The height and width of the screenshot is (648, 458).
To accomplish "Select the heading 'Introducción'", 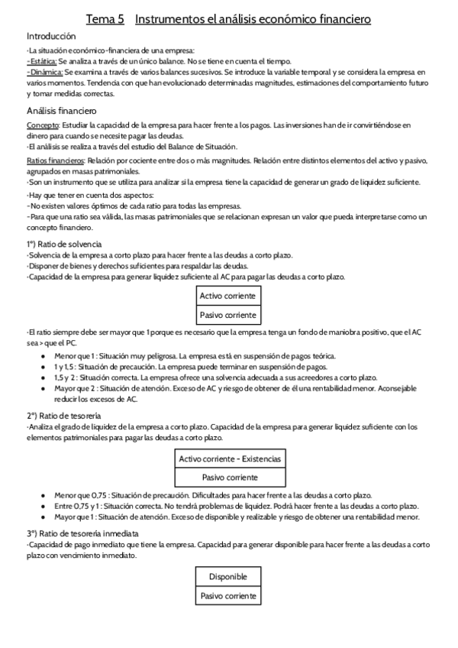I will (51, 37).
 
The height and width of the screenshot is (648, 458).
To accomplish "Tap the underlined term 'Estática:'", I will (41, 60).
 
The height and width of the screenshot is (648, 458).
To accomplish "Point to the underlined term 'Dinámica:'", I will (44, 71).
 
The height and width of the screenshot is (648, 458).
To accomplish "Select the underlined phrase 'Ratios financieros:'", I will (56, 160).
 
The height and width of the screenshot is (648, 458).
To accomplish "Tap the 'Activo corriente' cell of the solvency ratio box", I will (227, 296).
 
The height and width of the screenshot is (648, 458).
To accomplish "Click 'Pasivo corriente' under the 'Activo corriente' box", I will (227, 315).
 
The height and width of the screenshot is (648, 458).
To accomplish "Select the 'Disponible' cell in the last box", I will (227, 577).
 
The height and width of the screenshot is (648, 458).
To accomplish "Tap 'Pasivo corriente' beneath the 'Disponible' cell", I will (227, 596).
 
